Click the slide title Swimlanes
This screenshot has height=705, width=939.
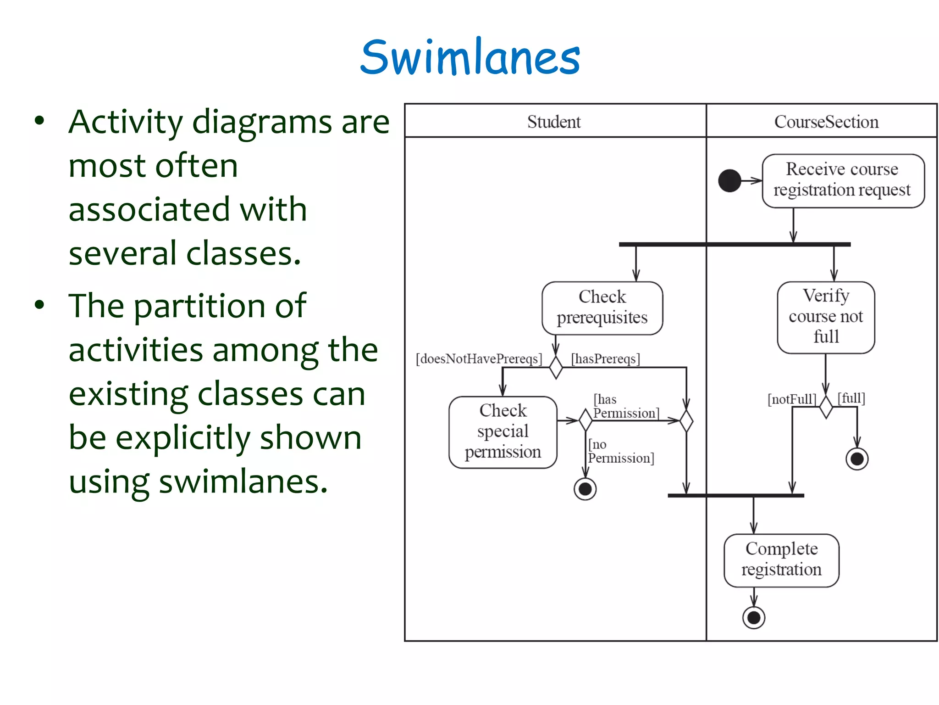470,57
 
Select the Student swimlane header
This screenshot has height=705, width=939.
554,122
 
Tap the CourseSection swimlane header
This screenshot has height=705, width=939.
826,122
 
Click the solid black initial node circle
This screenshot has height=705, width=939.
729,180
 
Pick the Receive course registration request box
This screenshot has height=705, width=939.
843,180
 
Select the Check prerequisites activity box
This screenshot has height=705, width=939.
602,308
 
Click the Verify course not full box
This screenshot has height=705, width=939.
826,317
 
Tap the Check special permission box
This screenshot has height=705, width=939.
503,431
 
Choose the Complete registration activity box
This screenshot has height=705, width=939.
781,560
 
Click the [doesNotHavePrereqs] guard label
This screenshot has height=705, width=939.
479,358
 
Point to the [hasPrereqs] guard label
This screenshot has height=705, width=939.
605,358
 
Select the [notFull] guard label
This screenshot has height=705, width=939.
792,399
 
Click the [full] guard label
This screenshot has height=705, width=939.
851,397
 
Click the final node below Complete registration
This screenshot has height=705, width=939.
754,617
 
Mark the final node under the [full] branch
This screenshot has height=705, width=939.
856,459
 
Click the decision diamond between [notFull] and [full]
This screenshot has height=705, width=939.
826,406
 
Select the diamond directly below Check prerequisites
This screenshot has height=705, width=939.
556,367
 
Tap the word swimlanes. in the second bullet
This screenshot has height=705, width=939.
243,482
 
